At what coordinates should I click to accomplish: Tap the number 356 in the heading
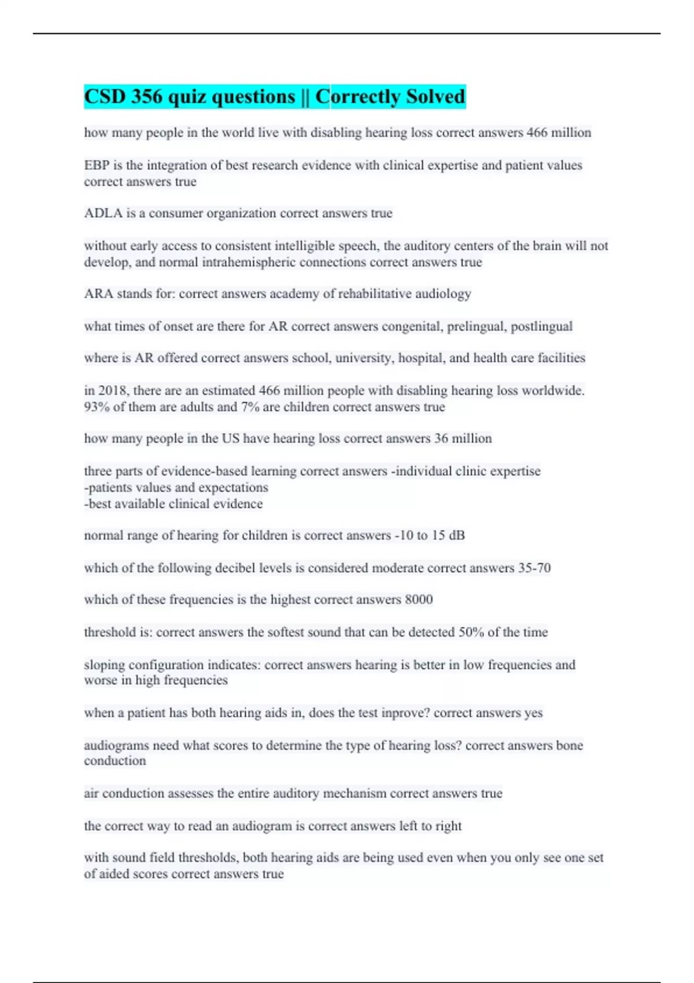(147, 97)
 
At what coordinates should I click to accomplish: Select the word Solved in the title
(435, 97)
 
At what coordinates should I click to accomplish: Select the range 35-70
(534, 568)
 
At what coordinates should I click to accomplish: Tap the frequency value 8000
(419, 600)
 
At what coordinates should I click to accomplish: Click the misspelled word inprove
(404, 713)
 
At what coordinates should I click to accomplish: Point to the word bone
(569, 745)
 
